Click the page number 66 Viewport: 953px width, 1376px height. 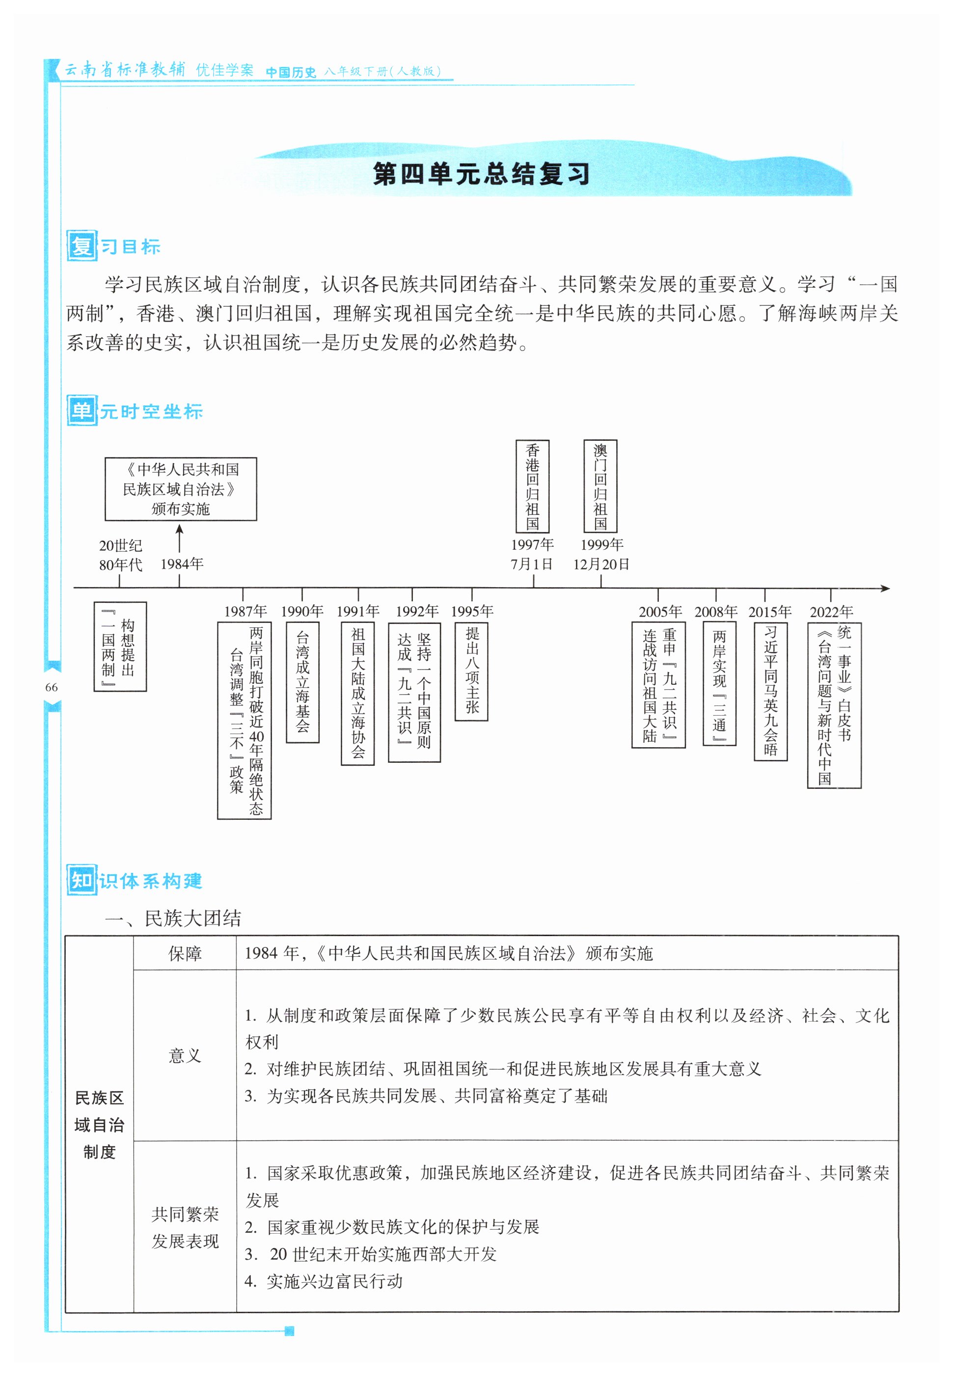tap(52, 687)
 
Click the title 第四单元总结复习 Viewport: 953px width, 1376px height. tap(481, 174)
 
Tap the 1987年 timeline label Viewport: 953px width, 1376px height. tap(245, 611)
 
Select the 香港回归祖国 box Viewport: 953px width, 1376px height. tap(532, 486)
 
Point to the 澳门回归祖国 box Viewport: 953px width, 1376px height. tap(600, 486)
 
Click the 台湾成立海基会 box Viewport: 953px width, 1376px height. tap(303, 682)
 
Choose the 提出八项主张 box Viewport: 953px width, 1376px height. tap(472, 672)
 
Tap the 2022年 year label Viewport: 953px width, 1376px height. tap(831, 612)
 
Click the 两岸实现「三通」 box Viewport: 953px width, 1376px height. tap(719, 683)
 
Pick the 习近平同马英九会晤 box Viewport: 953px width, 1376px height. tap(770, 691)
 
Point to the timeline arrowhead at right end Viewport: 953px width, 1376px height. tap(886, 589)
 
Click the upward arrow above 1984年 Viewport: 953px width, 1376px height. tap(179, 537)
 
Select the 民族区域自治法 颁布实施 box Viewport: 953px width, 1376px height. tap(181, 489)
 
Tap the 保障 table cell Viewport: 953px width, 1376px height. tap(185, 953)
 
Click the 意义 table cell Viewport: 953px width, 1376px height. tap(185, 1055)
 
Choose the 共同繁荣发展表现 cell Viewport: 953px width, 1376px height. tap(185, 1227)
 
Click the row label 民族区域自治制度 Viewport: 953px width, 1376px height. tap(99, 1125)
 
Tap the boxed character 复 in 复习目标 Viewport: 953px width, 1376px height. tap(81, 246)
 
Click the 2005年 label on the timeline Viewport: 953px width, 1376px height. tap(660, 612)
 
